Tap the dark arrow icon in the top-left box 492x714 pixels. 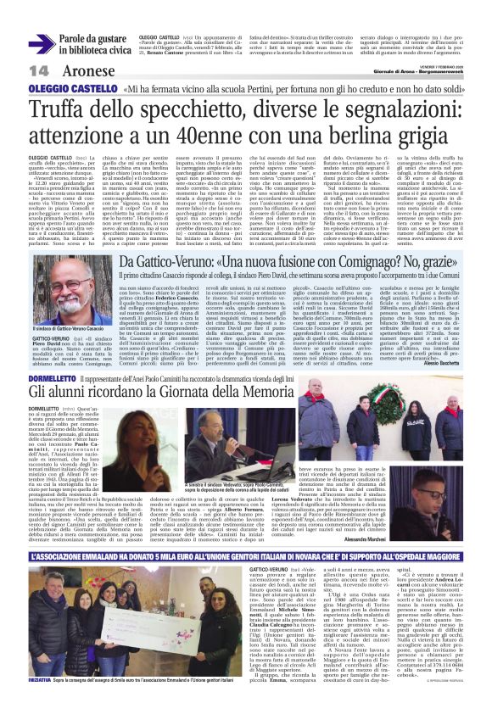click(x=42, y=44)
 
